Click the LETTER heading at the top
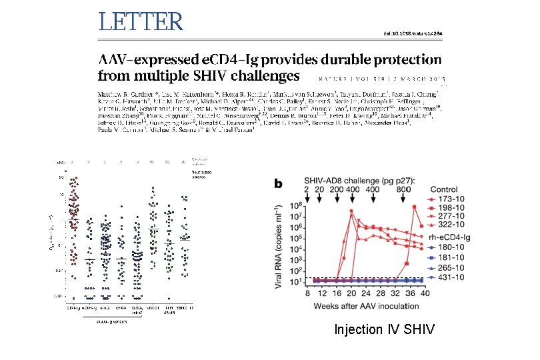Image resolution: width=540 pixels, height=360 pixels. coord(141,22)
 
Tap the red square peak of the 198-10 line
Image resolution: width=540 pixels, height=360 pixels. coord(415,207)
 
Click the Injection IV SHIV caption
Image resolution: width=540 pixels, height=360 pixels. coord(385,329)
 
